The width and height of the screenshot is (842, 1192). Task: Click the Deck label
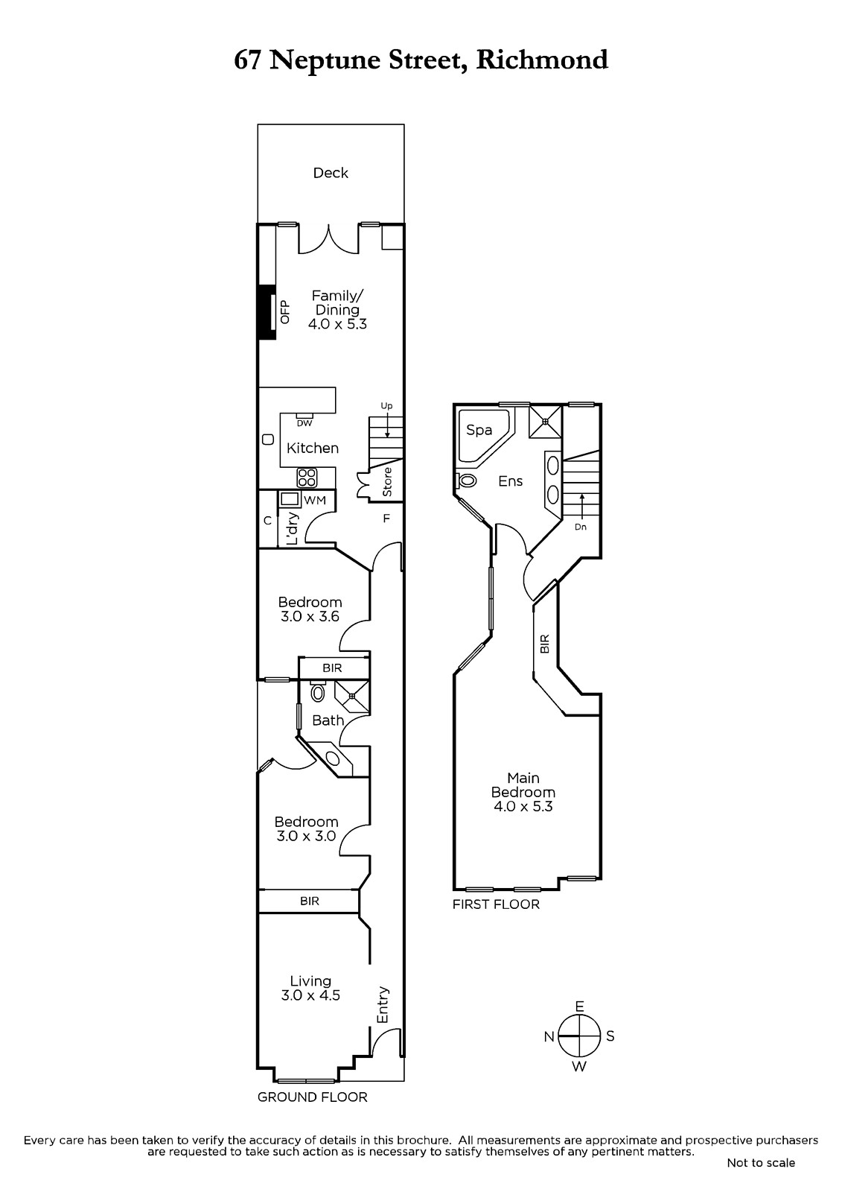[x=331, y=172]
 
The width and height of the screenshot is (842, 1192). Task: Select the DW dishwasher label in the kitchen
[x=304, y=424]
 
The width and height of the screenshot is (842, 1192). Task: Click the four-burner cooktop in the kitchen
[x=307, y=478]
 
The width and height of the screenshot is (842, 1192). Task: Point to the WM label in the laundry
[x=314, y=501]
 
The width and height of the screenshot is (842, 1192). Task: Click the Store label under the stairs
[x=387, y=482]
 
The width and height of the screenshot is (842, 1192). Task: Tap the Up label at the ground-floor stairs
[x=386, y=406]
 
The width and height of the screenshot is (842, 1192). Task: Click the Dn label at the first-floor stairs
[x=580, y=527]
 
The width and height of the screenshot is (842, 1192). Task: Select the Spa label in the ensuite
[x=479, y=429]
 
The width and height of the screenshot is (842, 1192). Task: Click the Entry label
[x=383, y=1005]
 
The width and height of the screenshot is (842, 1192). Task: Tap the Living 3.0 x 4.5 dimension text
[x=310, y=995]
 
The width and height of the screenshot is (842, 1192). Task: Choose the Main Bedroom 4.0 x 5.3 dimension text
[x=523, y=806]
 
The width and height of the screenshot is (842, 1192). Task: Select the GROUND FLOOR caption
[x=312, y=1097]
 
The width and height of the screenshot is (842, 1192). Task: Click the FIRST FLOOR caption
[x=496, y=904]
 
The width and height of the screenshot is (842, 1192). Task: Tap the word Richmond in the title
[x=541, y=60]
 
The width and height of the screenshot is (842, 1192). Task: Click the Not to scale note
[x=761, y=1163]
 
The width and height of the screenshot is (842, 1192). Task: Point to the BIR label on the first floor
[x=545, y=644]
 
